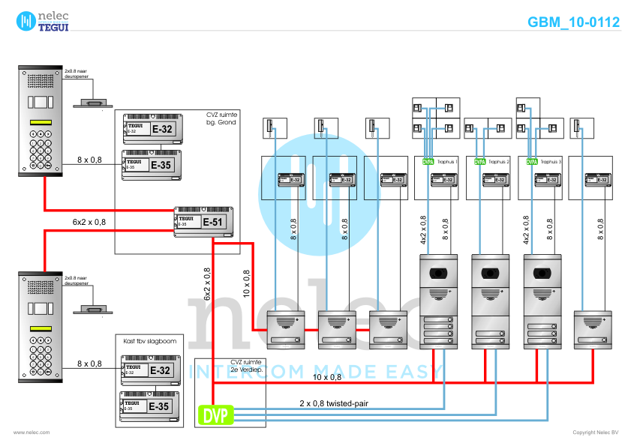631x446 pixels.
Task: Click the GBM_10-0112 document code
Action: [573, 22]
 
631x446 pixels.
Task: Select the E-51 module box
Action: [203, 221]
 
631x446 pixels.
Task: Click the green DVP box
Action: [215, 415]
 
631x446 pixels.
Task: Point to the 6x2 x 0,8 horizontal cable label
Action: [89, 223]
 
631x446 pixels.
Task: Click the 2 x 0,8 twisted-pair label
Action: [334, 403]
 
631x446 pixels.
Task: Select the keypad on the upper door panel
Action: [40, 149]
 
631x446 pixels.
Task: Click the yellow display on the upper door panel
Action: [40, 124]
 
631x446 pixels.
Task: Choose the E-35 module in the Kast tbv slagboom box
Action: [149, 406]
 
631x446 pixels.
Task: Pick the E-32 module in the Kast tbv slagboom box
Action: [149, 370]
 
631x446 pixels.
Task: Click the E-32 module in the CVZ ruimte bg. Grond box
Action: [150, 129]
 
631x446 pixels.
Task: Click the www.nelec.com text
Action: [31, 433]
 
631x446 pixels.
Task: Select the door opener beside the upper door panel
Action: [93, 103]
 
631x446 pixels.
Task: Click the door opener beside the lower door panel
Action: [93, 310]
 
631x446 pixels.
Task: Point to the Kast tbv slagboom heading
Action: [150, 340]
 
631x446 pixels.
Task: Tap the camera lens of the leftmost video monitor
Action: [438, 271]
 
